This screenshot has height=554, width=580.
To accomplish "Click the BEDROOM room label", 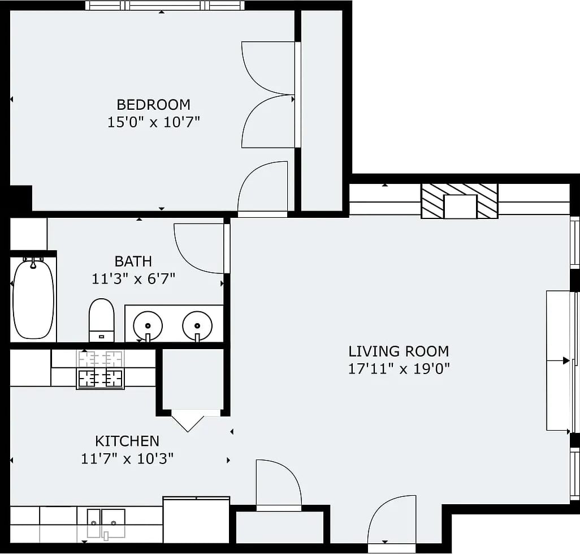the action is pyautogui.click(x=154, y=105).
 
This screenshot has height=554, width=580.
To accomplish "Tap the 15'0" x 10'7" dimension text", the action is pyautogui.click(x=154, y=122).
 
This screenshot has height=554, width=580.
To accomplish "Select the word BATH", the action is pyautogui.click(x=133, y=261).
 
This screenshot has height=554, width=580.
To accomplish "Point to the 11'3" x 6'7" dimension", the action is pyautogui.click(x=133, y=278).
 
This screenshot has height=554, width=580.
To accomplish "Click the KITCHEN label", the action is pyautogui.click(x=127, y=441).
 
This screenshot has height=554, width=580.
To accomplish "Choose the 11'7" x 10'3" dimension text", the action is pyautogui.click(x=127, y=459).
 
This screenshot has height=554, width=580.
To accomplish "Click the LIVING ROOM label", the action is pyautogui.click(x=399, y=351).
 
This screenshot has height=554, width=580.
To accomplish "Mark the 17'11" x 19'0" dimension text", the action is pyautogui.click(x=399, y=369).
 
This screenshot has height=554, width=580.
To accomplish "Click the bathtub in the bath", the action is pyautogui.click(x=33, y=298).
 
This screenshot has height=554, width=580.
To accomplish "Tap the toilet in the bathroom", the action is pyautogui.click(x=101, y=320).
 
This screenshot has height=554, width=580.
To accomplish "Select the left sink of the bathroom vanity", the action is pyautogui.click(x=148, y=326).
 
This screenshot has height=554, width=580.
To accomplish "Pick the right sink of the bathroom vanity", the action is pyautogui.click(x=197, y=326).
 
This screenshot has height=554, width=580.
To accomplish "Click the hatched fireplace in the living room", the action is pyautogui.click(x=460, y=201).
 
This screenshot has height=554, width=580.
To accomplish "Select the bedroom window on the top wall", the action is pyautogui.click(x=165, y=6).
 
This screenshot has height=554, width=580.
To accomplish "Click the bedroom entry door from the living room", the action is pyautogui.click(x=263, y=189).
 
